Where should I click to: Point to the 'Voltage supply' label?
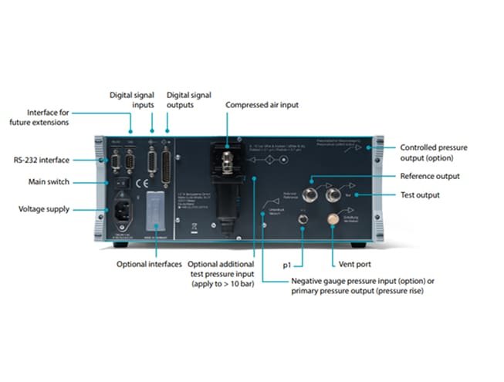44,208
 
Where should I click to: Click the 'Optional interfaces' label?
149,264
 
